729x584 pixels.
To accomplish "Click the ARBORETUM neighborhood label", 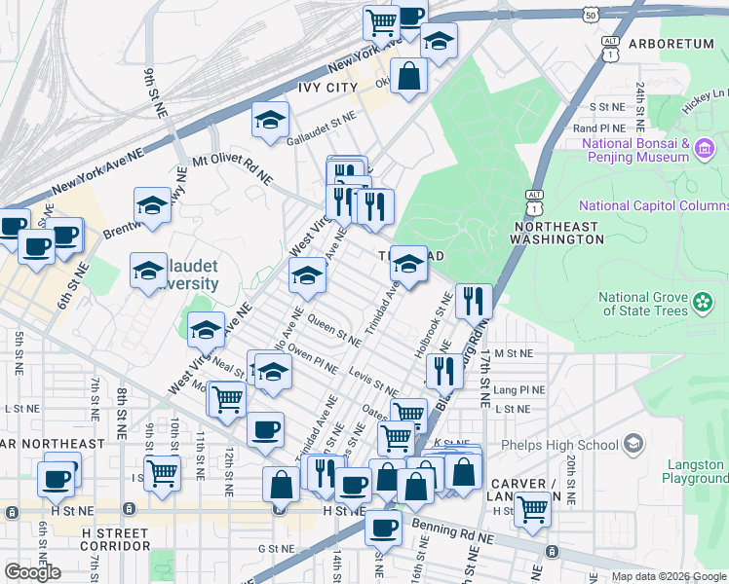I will pyautogui.click(x=671, y=44).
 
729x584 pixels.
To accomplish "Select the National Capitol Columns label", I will pyautogui.click(x=653, y=205).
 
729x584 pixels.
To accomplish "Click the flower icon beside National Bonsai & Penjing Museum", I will pyautogui.click(x=706, y=149).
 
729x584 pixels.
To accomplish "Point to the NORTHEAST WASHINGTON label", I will pyautogui.click(x=555, y=233).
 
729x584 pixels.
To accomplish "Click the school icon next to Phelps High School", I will pyautogui.click(x=634, y=445).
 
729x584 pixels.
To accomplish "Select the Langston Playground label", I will pyautogui.click(x=696, y=471).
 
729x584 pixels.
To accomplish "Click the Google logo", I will pyautogui.click(x=33, y=572).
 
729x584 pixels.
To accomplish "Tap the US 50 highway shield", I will pyautogui.click(x=590, y=15).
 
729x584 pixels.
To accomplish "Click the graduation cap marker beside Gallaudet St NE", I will pyautogui.click(x=270, y=121).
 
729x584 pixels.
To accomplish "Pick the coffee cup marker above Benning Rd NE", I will pyautogui.click(x=383, y=528).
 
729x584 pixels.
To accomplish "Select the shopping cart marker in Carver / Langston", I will pyautogui.click(x=533, y=507).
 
